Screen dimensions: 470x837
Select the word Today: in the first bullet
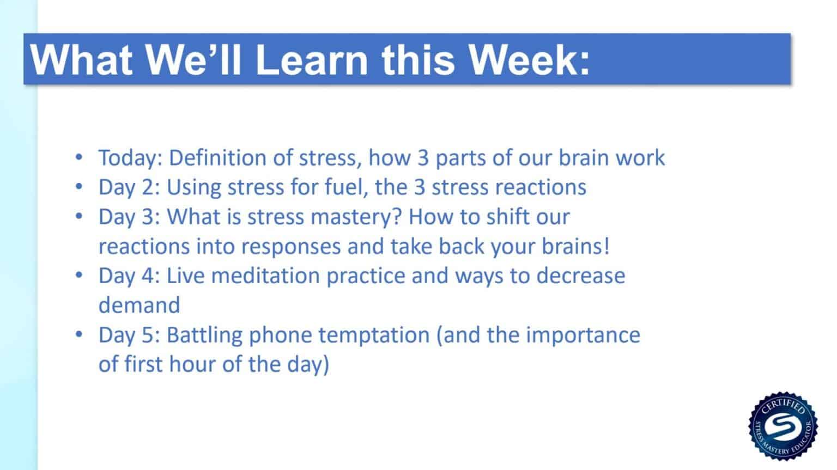(130, 158)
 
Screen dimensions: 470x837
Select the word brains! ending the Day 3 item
(575, 246)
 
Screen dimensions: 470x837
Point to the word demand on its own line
(139, 305)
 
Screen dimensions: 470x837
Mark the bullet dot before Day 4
(80, 276)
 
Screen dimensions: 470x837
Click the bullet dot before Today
(80, 158)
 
